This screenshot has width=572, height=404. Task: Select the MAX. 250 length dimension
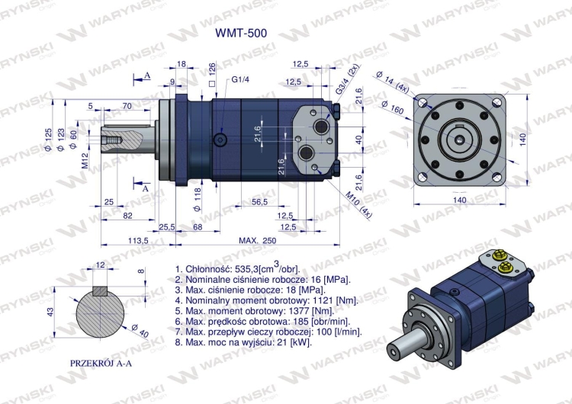tap(257, 240)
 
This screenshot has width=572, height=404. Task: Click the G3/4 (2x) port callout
tap(348, 80)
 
